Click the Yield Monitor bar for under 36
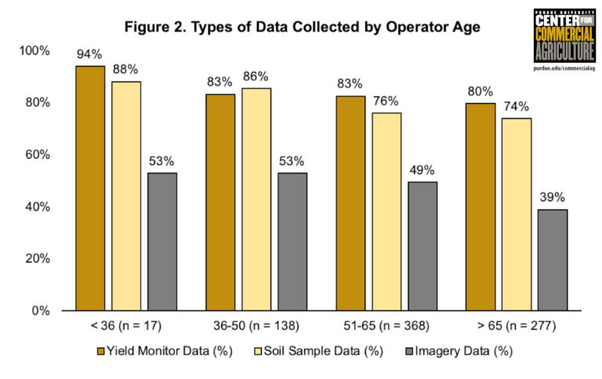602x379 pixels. (90, 188)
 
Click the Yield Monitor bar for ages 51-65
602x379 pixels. (350, 203)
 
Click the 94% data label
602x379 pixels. (90, 54)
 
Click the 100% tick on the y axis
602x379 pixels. (34, 51)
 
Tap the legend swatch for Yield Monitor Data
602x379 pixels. (100, 352)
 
